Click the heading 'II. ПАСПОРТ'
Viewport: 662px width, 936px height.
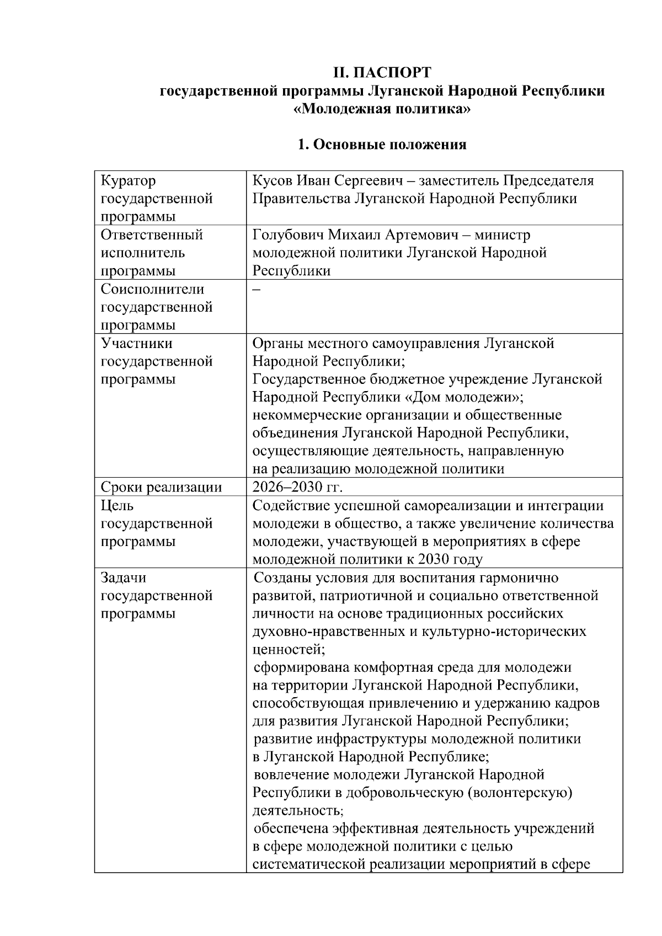point(382,73)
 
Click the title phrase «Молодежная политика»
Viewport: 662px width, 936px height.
point(382,109)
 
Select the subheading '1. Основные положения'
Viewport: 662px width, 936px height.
point(382,145)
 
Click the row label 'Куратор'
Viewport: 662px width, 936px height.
point(128,181)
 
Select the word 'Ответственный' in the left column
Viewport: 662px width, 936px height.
point(152,235)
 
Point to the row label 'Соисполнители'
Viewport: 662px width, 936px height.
point(152,289)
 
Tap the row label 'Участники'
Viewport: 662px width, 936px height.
point(136,343)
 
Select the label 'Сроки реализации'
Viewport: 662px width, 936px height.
point(161,487)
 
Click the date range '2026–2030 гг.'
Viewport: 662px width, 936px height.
point(297,487)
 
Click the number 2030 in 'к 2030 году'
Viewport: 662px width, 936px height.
point(434,559)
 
